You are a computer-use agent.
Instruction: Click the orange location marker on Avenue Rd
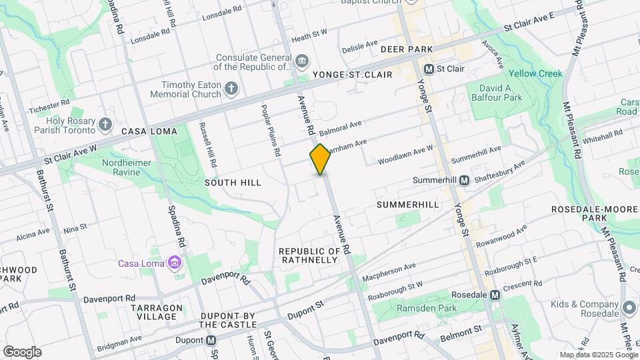(320, 159)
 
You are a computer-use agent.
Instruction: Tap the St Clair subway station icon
(429, 69)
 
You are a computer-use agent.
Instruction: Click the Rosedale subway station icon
(495, 295)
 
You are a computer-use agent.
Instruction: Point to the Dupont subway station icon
(212, 339)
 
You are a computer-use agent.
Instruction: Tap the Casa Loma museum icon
(175, 262)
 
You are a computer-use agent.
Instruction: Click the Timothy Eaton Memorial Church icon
(231, 89)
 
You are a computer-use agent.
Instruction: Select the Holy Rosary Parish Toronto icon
(105, 124)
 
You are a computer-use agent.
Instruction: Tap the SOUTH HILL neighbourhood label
(233, 183)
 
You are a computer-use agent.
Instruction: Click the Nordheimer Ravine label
(131, 167)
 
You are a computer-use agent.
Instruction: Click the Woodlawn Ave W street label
(405, 155)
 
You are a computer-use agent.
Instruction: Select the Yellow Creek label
(535, 73)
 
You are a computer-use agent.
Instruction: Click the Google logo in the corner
(22, 352)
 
